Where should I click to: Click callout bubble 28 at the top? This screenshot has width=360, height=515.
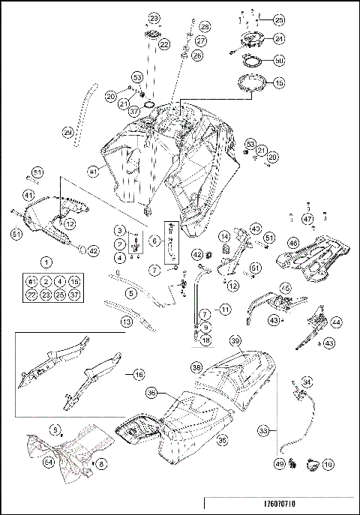click(x=204, y=26)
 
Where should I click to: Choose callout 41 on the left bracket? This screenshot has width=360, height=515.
click(x=28, y=196)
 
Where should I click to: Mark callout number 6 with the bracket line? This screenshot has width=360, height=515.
click(x=155, y=241)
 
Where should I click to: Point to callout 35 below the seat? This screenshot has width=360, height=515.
click(x=221, y=442)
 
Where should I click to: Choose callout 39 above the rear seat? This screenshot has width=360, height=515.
click(x=235, y=341)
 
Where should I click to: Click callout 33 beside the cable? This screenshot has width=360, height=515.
click(x=263, y=431)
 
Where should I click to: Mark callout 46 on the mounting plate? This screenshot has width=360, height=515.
click(x=293, y=243)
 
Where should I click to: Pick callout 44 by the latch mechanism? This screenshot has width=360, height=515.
click(x=336, y=322)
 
